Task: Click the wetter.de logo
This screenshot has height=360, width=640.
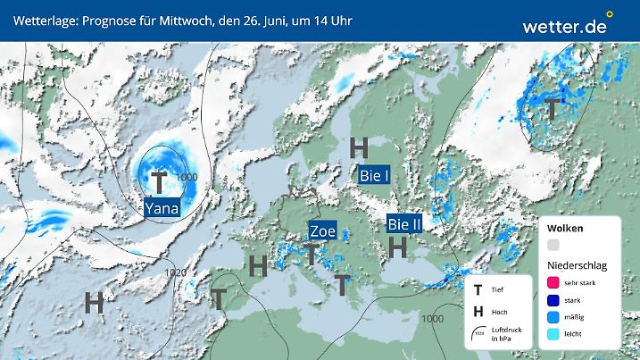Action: pyautogui.click(x=564, y=26)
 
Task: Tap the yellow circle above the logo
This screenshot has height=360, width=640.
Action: pyautogui.click(x=611, y=14)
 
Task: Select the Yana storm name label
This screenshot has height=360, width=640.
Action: pyautogui.click(x=162, y=209)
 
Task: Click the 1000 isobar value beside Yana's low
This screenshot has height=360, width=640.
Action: pyautogui.click(x=187, y=177)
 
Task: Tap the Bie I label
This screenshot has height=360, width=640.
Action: pyautogui.click(x=374, y=176)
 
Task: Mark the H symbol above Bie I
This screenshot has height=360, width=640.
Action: pyautogui.click(x=360, y=147)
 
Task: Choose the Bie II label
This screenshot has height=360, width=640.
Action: pyautogui.click(x=404, y=223)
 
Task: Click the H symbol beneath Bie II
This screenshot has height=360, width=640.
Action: pyautogui.click(x=398, y=245)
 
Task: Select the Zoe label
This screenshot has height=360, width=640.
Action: pyautogui.click(x=322, y=230)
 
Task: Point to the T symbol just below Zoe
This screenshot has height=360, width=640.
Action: pyautogui.click(x=311, y=254)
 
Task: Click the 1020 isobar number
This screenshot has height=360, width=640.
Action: pyautogui.click(x=176, y=272)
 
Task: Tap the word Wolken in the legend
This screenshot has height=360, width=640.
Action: pyautogui.click(x=566, y=229)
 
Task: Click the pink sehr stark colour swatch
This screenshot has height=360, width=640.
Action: pyautogui.click(x=553, y=282)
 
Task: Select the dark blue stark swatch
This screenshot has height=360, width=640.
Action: pyautogui.click(x=553, y=301)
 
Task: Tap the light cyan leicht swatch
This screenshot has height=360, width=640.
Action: pyautogui.click(x=553, y=335)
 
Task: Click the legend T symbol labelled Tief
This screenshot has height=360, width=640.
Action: pyautogui.click(x=478, y=290)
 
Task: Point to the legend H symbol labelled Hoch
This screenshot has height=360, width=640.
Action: pyautogui.click(x=478, y=311)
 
